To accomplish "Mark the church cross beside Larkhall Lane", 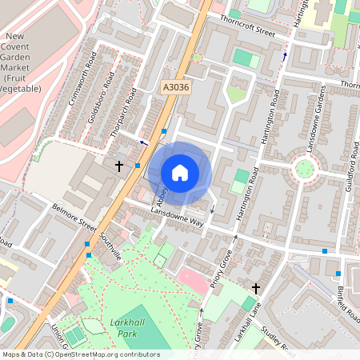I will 256,287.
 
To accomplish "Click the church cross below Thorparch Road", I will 119,166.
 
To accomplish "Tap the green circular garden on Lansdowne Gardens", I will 304,169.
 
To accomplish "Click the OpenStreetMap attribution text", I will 80,354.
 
